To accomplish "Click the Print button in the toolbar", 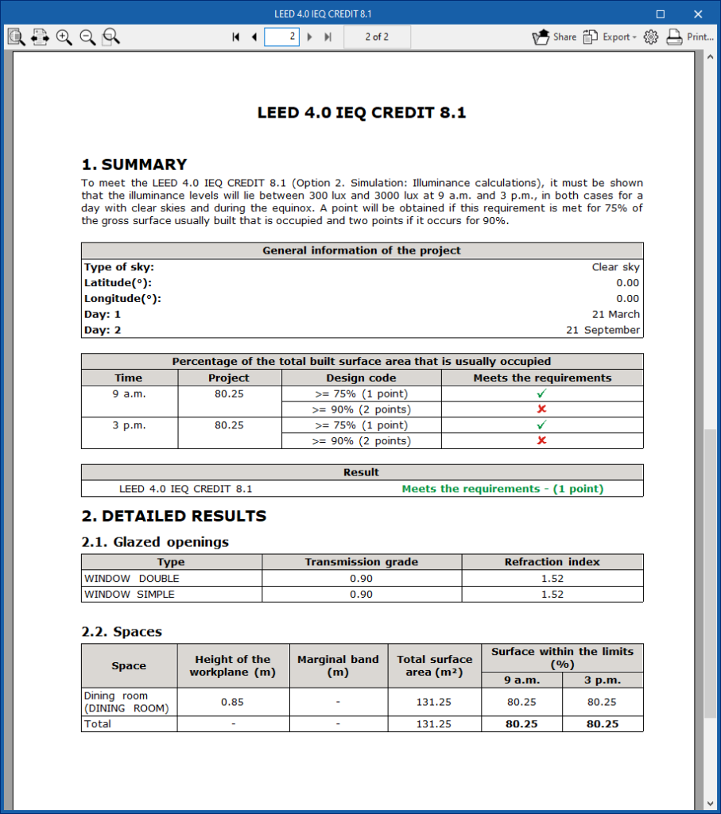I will pyautogui.click(x=689, y=37).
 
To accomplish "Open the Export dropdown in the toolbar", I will pyautogui.click(x=610, y=37).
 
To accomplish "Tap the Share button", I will pyautogui.click(x=554, y=37).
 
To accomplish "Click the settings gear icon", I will pyautogui.click(x=651, y=37).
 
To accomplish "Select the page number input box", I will pyautogui.click(x=281, y=37).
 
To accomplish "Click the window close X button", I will pyautogui.click(x=698, y=14).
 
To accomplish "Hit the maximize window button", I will pyautogui.click(x=660, y=14).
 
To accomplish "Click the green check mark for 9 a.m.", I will pyautogui.click(x=542, y=393).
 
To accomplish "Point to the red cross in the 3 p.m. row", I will pyautogui.click(x=542, y=440).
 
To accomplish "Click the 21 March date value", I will pyautogui.click(x=615, y=314).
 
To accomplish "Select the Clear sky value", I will pyautogui.click(x=615, y=267).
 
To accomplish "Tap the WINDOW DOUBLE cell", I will pyautogui.click(x=132, y=578).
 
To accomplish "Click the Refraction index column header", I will pyautogui.click(x=552, y=562).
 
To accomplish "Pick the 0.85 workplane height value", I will pyautogui.click(x=233, y=702).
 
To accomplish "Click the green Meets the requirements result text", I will pyautogui.click(x=502, y=489).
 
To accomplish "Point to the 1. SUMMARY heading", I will pyautogui.click(x=134, y=165).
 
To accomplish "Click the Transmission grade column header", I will pyautogui.click(x=361, y=562).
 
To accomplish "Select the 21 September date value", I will pyautogui.click(x=603, y=330).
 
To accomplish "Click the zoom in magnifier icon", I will pyautogui.click(x=64, y=37).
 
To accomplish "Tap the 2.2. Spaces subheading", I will pyautogui.click(x=122, y=632).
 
